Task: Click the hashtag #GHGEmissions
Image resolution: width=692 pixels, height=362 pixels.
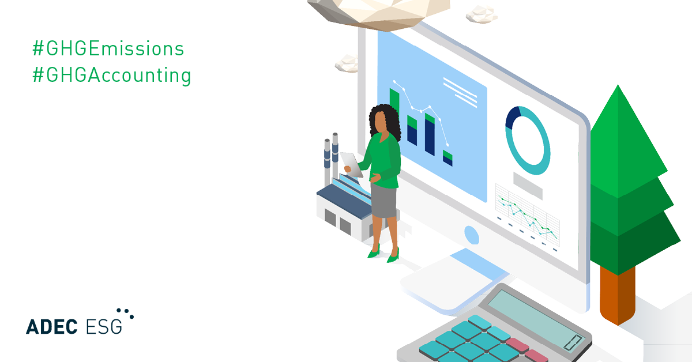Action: pyautogui.click(x=108, y=48)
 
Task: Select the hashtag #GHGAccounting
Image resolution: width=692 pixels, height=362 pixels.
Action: pyautogui.click(x=112, y=76)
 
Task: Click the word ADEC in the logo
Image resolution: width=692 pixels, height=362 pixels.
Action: pyautogui.click(x=51, y=327)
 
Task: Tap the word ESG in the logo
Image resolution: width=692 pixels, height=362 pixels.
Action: pyautogui.click(x=104, y=327)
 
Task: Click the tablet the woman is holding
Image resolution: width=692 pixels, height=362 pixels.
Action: pyautogui.click(x=352, y=165)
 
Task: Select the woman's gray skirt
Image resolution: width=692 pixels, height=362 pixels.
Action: pyautogui.click(x=383, y=201)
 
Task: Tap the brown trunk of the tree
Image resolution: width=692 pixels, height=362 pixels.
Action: pyautogui.click(x=618, y=295)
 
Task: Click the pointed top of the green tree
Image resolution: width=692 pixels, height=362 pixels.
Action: pyautogui.click(x=618, y=86)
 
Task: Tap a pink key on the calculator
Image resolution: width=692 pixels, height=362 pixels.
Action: pyautogui.click(x=517, y=345)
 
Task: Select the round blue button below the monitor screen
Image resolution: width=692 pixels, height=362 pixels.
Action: pyautogui.click(x=472, y=235)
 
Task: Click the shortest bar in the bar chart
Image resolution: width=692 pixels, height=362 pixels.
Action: pyautogui.click(x=447, y=158)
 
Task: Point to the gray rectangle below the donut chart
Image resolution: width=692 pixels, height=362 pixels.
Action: pyautogui.click(x=528, y=186)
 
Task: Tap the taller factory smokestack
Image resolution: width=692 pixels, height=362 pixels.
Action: pyautogui.click(x=335, y=156)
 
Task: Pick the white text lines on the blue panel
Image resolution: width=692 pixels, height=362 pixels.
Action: pyautogui.click(x=460, y=92)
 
